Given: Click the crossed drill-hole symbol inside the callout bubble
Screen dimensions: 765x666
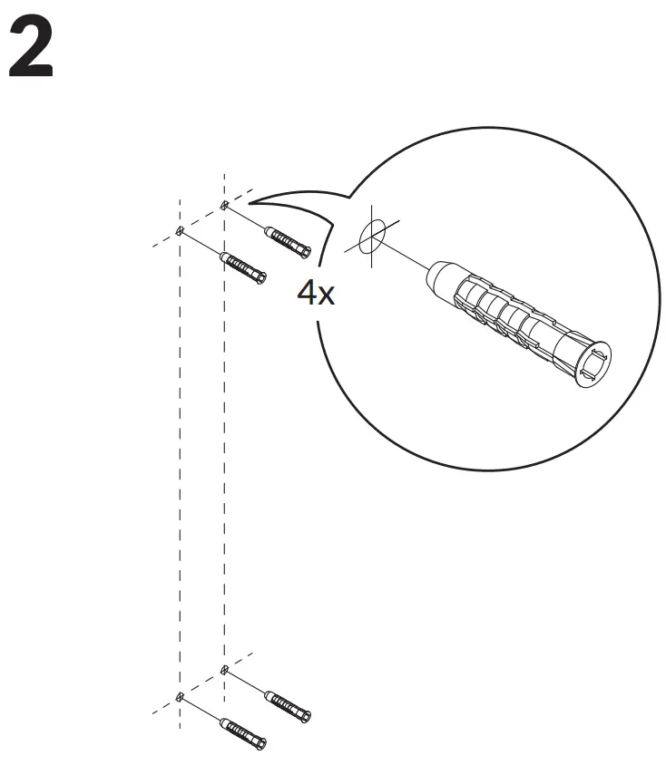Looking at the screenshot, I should pos(371,239).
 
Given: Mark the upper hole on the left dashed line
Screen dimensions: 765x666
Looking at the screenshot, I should pos(180,229).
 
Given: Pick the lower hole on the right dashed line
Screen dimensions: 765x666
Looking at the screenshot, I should pos(224,671).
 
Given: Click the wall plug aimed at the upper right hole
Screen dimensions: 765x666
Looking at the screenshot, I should pos(289,241).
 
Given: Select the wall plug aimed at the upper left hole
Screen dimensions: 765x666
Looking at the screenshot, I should pos(244,268).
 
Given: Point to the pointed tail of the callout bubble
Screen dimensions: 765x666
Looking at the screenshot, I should pos(259,199).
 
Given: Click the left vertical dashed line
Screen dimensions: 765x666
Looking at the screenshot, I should pos(180,453).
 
